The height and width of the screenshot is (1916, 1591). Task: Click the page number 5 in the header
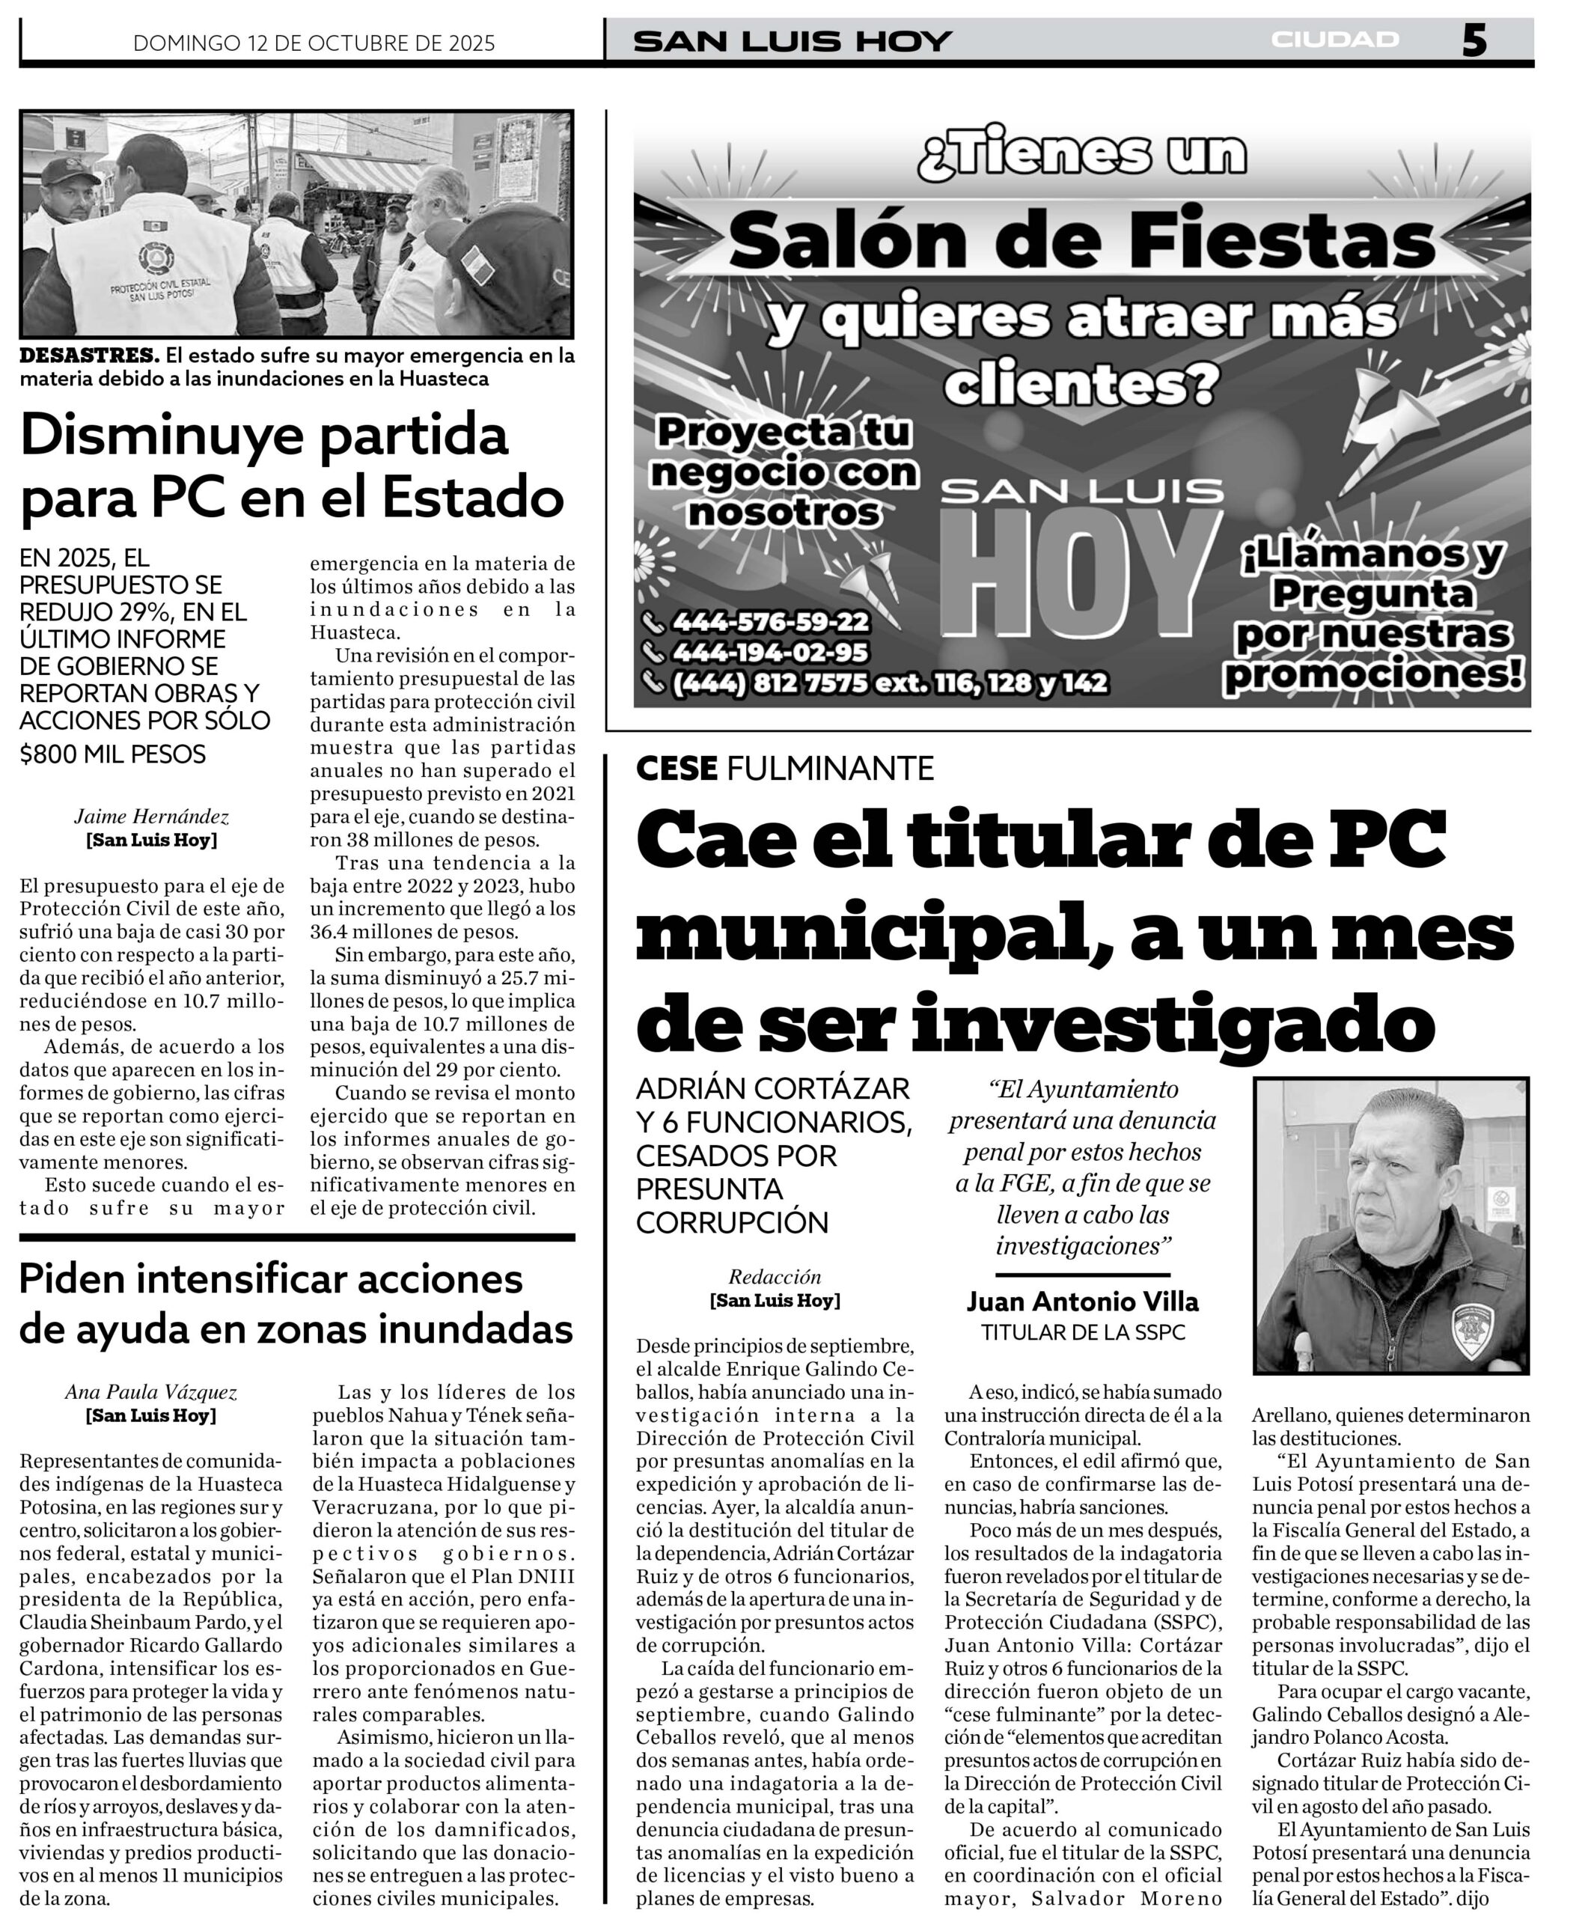coord(1474,40)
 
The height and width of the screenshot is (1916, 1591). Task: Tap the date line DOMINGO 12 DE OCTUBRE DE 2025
coord(314,43)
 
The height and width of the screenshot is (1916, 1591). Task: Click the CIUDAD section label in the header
coord(1334,40)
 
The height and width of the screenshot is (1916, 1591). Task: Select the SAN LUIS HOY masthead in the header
coord(792,41)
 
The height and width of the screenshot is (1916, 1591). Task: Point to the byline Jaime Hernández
coord(151,817)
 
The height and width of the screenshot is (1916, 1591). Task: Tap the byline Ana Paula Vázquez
coord(150,1392)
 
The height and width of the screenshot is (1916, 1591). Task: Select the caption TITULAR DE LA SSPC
coord(1082,1333)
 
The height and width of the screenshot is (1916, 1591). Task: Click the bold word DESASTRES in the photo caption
coord(88,355)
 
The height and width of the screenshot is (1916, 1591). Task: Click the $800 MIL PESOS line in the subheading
coord(113,754)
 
